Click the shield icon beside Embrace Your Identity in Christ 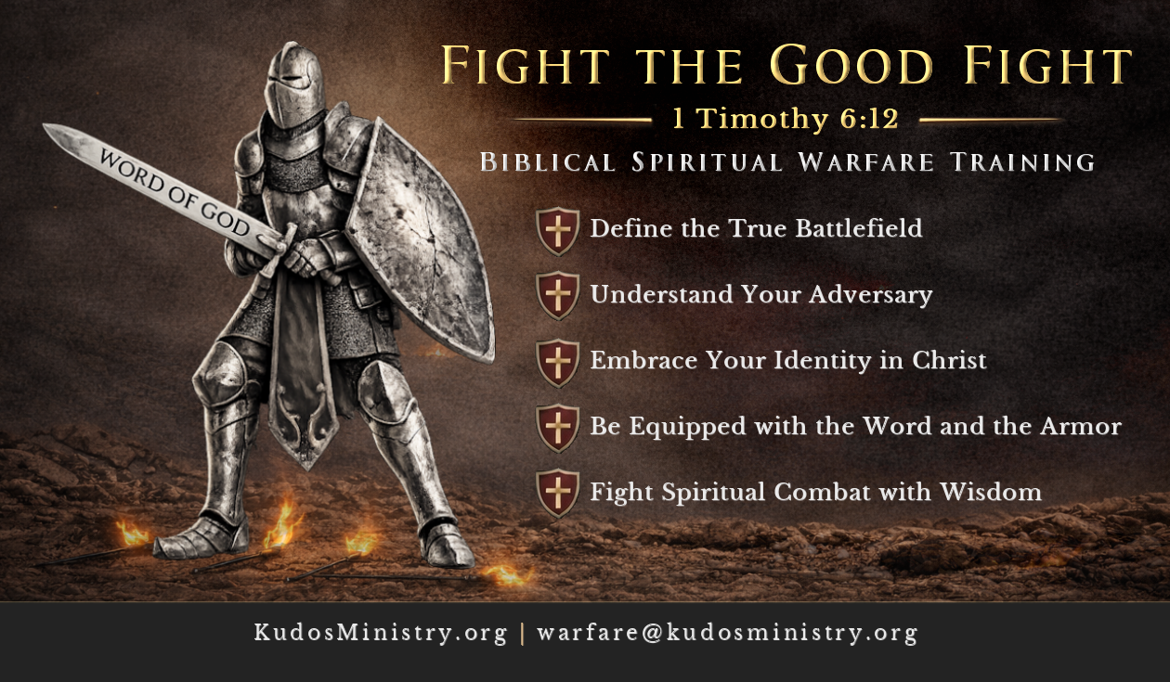(x=558, y=362)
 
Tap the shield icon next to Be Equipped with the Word (x=558, y=428)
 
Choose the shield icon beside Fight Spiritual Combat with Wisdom (x=558, y=493)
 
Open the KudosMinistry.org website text (x=381, y=633)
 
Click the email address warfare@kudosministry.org (x=727, y=633)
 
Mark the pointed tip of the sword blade (x=48, y=128)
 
